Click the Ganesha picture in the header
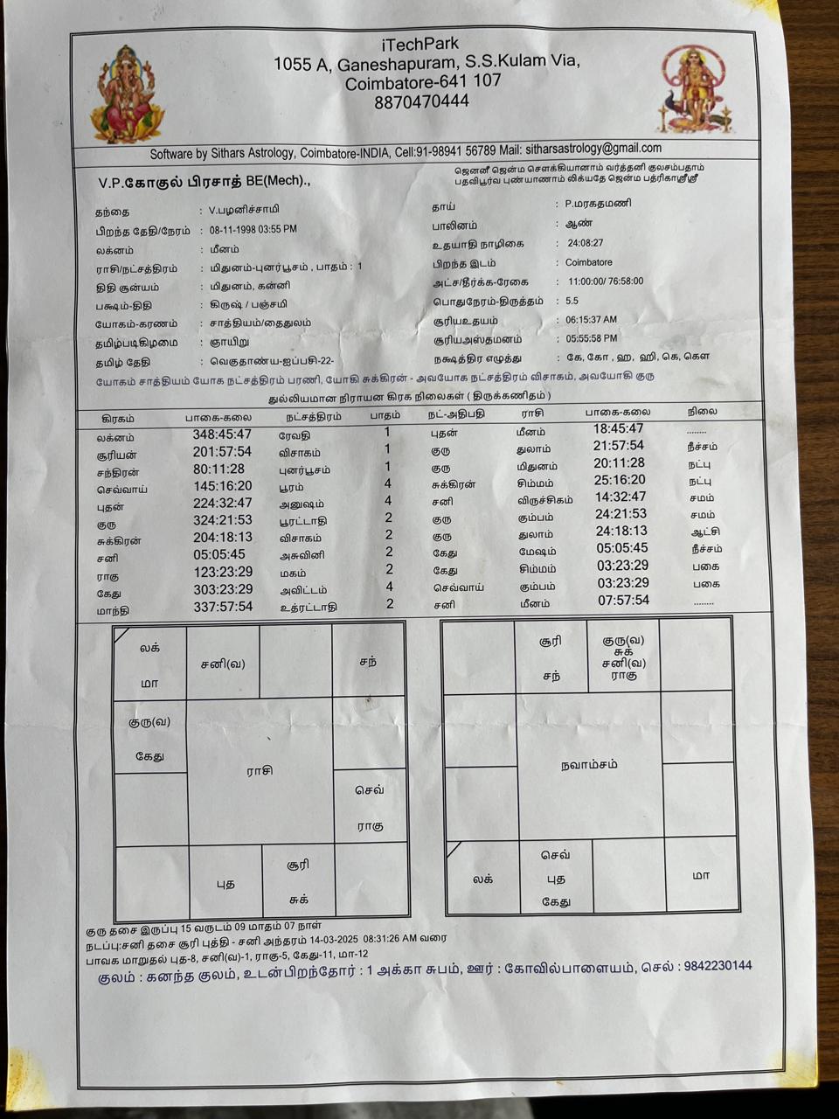coord(128,94)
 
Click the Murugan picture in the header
coord(695,90)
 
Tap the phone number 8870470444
coord(421,101)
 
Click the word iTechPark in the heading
coord(419,44)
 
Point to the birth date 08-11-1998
coord(230,230)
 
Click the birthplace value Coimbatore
coord(588,262)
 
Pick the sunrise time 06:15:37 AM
coord(591,320)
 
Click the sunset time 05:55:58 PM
coord(591,338)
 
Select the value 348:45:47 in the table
coord(222,434)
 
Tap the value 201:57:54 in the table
coord(222,452)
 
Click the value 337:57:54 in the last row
coord(223,607)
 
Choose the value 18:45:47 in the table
coord(619,428)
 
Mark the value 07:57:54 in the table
coord(623,601)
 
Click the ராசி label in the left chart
coord(260,770)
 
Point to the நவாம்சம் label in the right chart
coord(589,764)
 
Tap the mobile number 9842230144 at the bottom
coord(718,966)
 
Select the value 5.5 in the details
coord(572,301)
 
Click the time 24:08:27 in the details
coord(585,243)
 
